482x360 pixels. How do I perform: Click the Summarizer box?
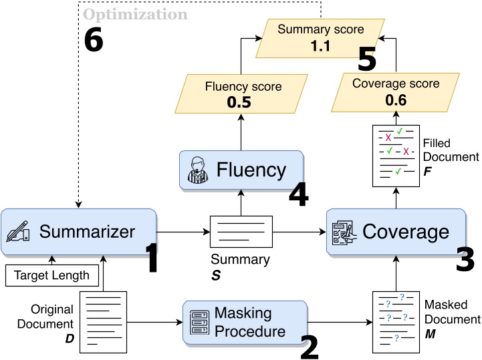click(79, 232)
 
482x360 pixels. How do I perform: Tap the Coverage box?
click(395, 232)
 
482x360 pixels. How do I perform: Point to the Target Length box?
click(51, 275)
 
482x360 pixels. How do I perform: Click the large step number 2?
click(309, 345)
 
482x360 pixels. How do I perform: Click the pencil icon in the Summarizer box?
click(18, 232)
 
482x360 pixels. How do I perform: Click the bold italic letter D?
click(70, 339)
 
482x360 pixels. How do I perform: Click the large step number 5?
click(367, 59)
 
